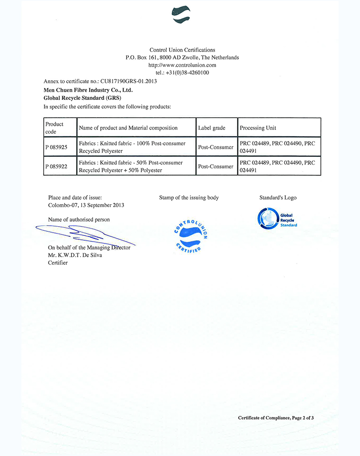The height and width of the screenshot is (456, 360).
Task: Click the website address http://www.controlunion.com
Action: coord(182,65)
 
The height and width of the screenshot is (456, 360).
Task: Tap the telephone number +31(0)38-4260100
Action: coord(188,72)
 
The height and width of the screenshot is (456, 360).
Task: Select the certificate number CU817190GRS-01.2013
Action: coord(129,81)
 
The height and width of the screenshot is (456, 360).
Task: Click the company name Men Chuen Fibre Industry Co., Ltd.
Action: coord(88,90)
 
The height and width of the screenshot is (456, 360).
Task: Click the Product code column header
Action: coord(55,128)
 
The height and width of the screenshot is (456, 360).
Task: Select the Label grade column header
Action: coord(211,128)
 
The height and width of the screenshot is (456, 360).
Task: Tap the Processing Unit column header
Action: coord(258,128)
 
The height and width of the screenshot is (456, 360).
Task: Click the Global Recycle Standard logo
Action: coord(277,218)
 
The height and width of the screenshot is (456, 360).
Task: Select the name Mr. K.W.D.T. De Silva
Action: coord(75,255)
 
